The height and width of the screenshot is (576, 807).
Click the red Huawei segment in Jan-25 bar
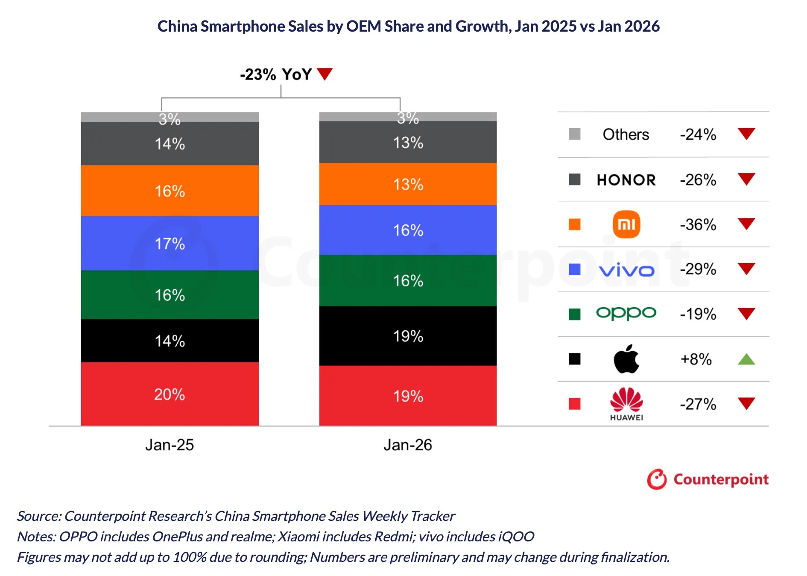pos(170,394)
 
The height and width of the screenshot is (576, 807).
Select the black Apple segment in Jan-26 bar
pos(408,336)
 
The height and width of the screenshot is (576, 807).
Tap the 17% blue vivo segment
pos(170,243)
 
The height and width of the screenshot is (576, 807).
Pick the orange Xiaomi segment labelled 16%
pos(170,191)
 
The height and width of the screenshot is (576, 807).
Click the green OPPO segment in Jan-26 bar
pos(408,280)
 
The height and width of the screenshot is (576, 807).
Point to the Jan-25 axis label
pos(170,445)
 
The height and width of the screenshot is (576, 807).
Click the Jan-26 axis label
pos(408,445)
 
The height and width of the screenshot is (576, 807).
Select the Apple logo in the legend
pos(626,359)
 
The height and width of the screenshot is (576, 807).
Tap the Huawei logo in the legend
pos(626,404)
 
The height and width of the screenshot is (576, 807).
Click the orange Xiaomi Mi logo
pos(626,224)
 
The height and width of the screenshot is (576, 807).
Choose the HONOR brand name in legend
pos(626,180)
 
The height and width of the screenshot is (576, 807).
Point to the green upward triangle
pos(746,359)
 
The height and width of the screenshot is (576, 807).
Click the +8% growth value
pos(696,359)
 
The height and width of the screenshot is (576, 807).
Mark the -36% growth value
pos(698,224)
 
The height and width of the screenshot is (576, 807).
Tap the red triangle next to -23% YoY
pos(325,74)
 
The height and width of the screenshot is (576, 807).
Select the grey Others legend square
pos(574,134)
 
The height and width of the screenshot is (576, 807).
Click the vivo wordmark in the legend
pos(626,270)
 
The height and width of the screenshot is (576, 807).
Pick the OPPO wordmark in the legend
pos(626,313)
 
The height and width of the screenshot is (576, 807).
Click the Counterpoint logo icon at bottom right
pos(656,479)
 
